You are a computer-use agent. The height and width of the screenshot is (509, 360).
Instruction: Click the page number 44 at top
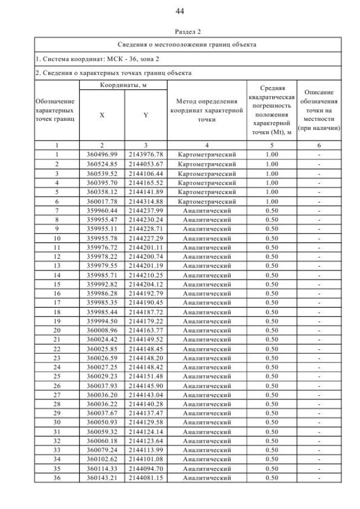point(180,11)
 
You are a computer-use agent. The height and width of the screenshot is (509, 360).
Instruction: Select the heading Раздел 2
point(180,31)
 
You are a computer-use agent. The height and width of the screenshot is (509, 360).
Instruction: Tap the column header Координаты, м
point(123,84)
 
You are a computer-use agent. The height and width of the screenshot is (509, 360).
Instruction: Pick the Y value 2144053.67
point(145,164)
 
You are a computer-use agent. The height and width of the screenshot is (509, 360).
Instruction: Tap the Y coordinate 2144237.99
point(145,210)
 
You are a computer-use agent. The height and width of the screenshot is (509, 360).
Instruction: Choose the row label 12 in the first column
point(57,256)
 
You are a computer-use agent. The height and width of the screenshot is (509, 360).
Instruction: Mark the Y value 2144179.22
point(145,321)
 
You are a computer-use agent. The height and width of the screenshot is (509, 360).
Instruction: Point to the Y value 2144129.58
point(145,422)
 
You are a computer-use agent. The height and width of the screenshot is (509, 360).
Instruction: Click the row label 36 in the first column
point(57,478)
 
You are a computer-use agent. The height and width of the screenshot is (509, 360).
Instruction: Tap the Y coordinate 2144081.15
point(145,478)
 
